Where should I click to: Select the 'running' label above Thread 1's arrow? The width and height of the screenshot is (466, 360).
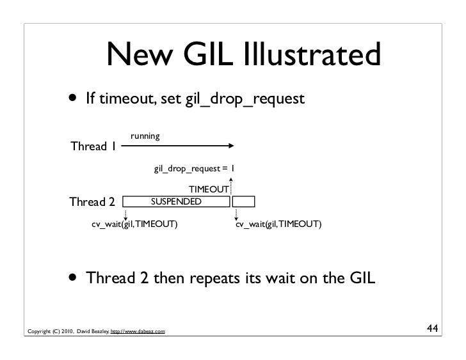(145, 136)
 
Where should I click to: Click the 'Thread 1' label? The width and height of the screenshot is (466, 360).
(93, 146)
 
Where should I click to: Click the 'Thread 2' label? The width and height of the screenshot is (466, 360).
(92, 203)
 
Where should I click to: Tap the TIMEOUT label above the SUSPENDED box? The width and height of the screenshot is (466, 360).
(208, 190)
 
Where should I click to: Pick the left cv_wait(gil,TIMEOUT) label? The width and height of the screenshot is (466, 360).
(134, 225)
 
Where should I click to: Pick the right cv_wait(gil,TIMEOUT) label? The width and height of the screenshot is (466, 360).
(278, 225)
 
